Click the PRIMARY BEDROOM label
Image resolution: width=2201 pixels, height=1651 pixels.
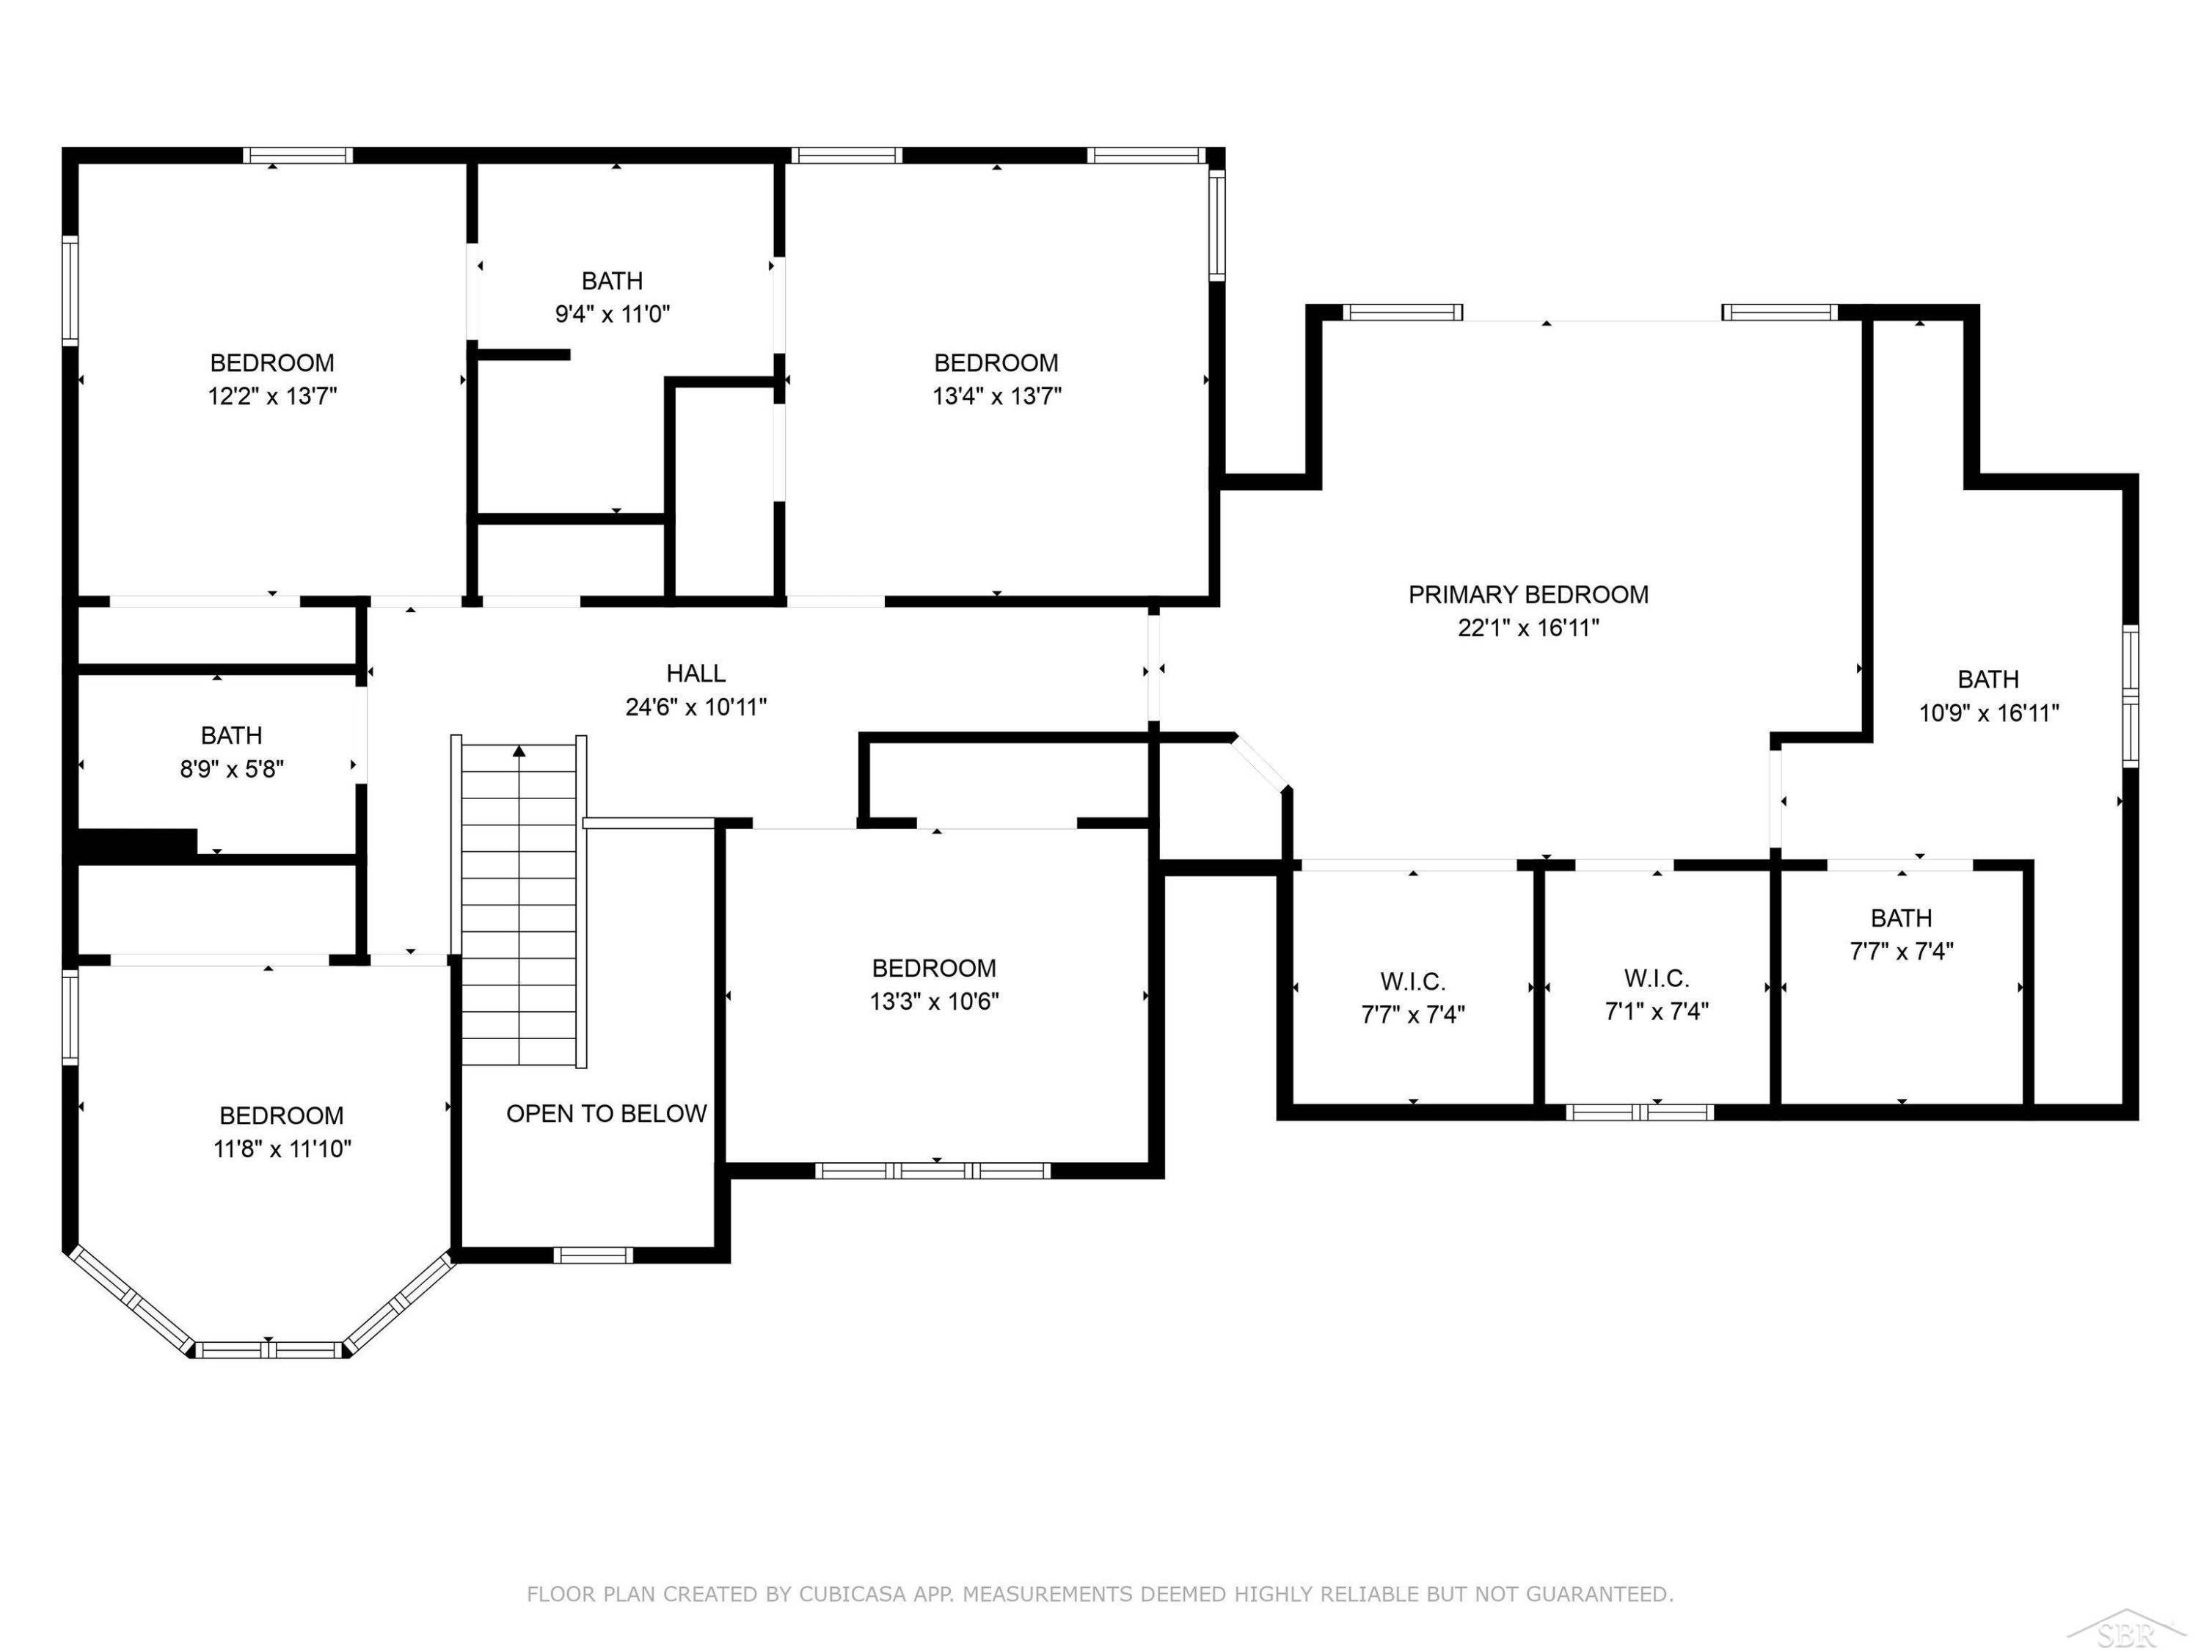[x=1528, y=594]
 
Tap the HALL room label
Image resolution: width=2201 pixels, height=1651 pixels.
[x=696, y=674]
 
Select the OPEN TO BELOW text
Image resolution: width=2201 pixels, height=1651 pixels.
[x=606, y=1114]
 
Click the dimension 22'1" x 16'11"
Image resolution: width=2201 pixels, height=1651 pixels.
[x=1528, y=628]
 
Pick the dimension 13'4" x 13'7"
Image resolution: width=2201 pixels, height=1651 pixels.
[x=996, y=396]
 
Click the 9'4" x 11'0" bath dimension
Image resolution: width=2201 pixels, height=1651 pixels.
[x=612, y=315]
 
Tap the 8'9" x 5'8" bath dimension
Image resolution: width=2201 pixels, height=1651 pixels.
[x=232, y=769]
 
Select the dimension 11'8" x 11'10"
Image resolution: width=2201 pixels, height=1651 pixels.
[x=282, y=1149]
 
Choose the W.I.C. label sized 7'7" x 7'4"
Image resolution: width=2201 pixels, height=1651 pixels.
[x=1413, y=983]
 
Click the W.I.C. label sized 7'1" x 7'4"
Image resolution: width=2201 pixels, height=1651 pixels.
[x=1657, y=978]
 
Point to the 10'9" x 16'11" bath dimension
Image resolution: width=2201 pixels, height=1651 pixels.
[x=1989, y=713]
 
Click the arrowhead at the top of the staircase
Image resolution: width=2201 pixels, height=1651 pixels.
[x=519, y=751]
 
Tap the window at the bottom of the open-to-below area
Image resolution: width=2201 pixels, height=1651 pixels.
[x=593, y=1255]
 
